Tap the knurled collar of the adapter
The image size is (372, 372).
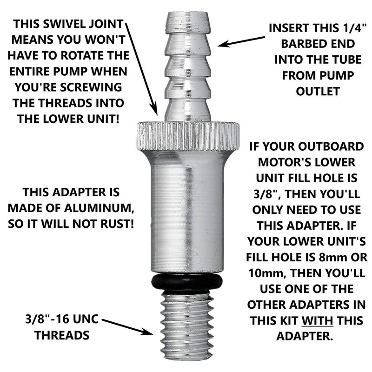(x=187, y=136)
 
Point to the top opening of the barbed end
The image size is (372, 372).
(x=187, y=13)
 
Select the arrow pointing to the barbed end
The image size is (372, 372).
(x=241, y=41)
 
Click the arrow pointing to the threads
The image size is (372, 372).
(x=127, y=327)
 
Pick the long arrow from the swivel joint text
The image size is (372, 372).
(x=141, y=69)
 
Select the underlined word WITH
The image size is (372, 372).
(x=317, y=320)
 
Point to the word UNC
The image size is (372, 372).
(x=86, y=319)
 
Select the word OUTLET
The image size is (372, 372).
(x=318, y=92)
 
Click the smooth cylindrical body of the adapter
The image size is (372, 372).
(x=187, y=213)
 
